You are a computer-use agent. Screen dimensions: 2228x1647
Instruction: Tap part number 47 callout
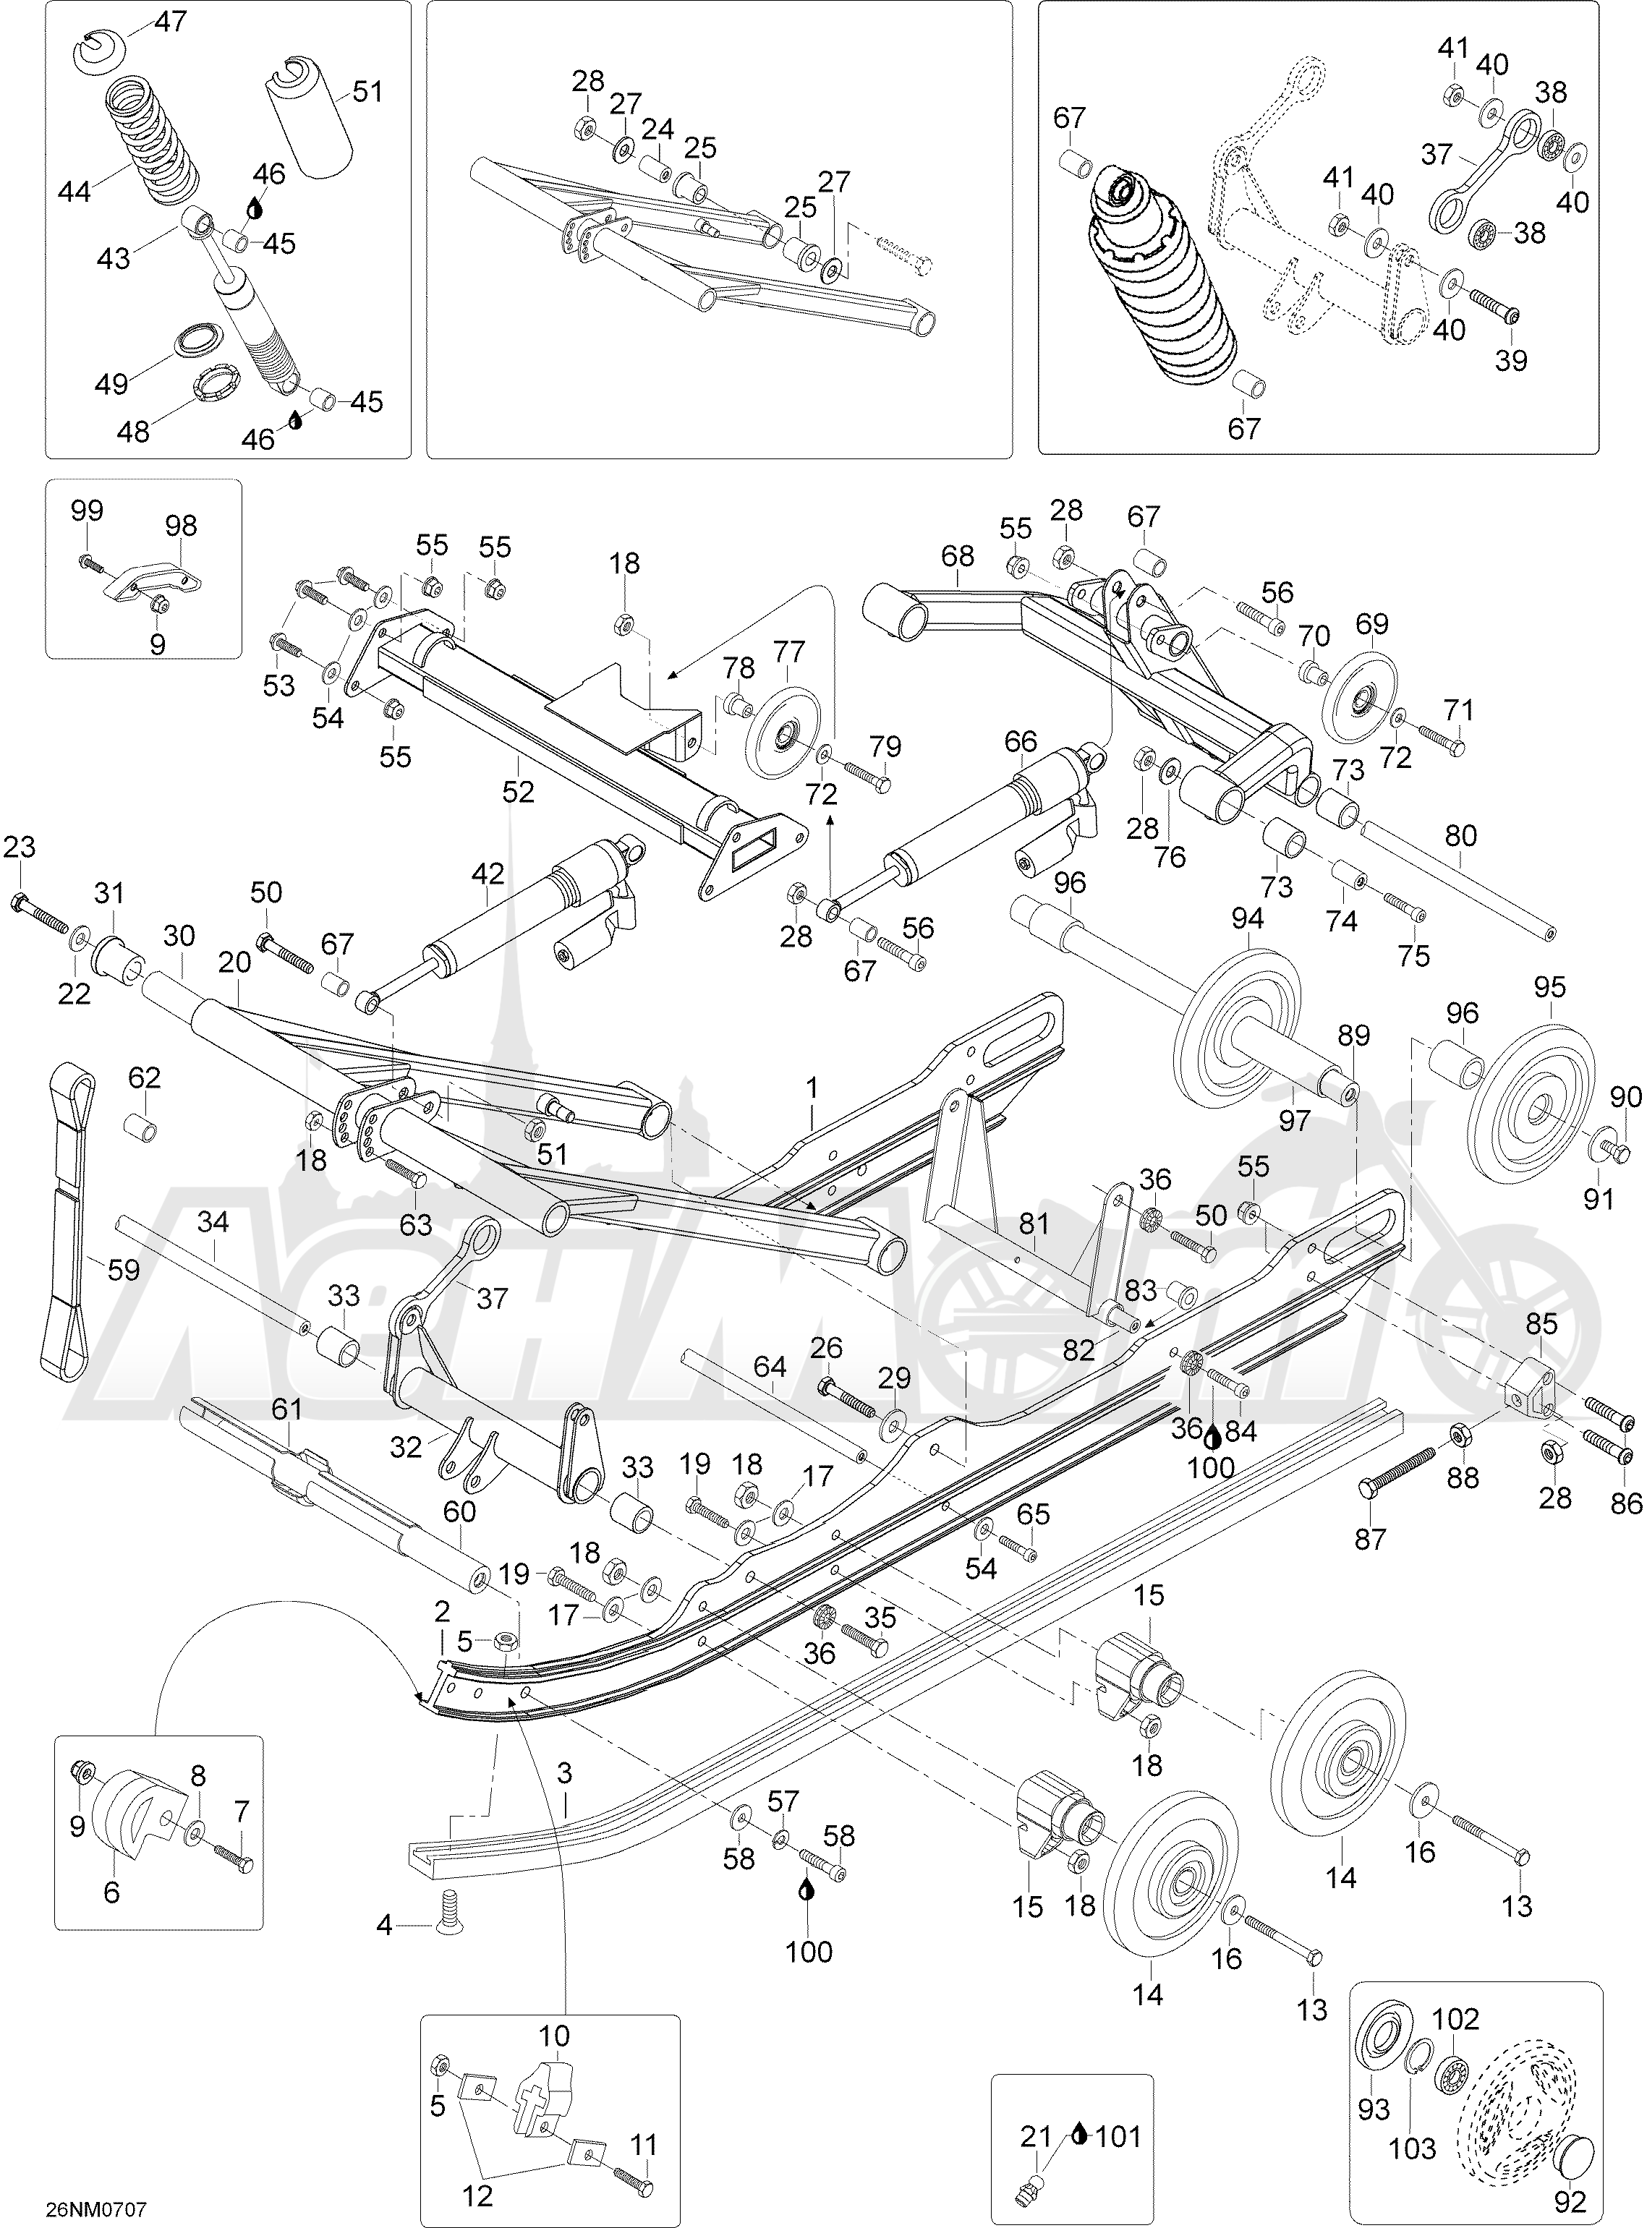click(171, 21)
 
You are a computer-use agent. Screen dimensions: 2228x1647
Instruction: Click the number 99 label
click(87, 511)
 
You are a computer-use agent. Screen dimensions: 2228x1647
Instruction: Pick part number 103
click(1413, 2146)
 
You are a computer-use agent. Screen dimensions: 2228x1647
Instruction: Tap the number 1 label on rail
click(812, 1088)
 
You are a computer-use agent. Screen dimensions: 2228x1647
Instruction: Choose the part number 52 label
click(519, 792)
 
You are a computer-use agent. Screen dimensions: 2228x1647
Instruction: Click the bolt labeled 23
click(40, 908)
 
